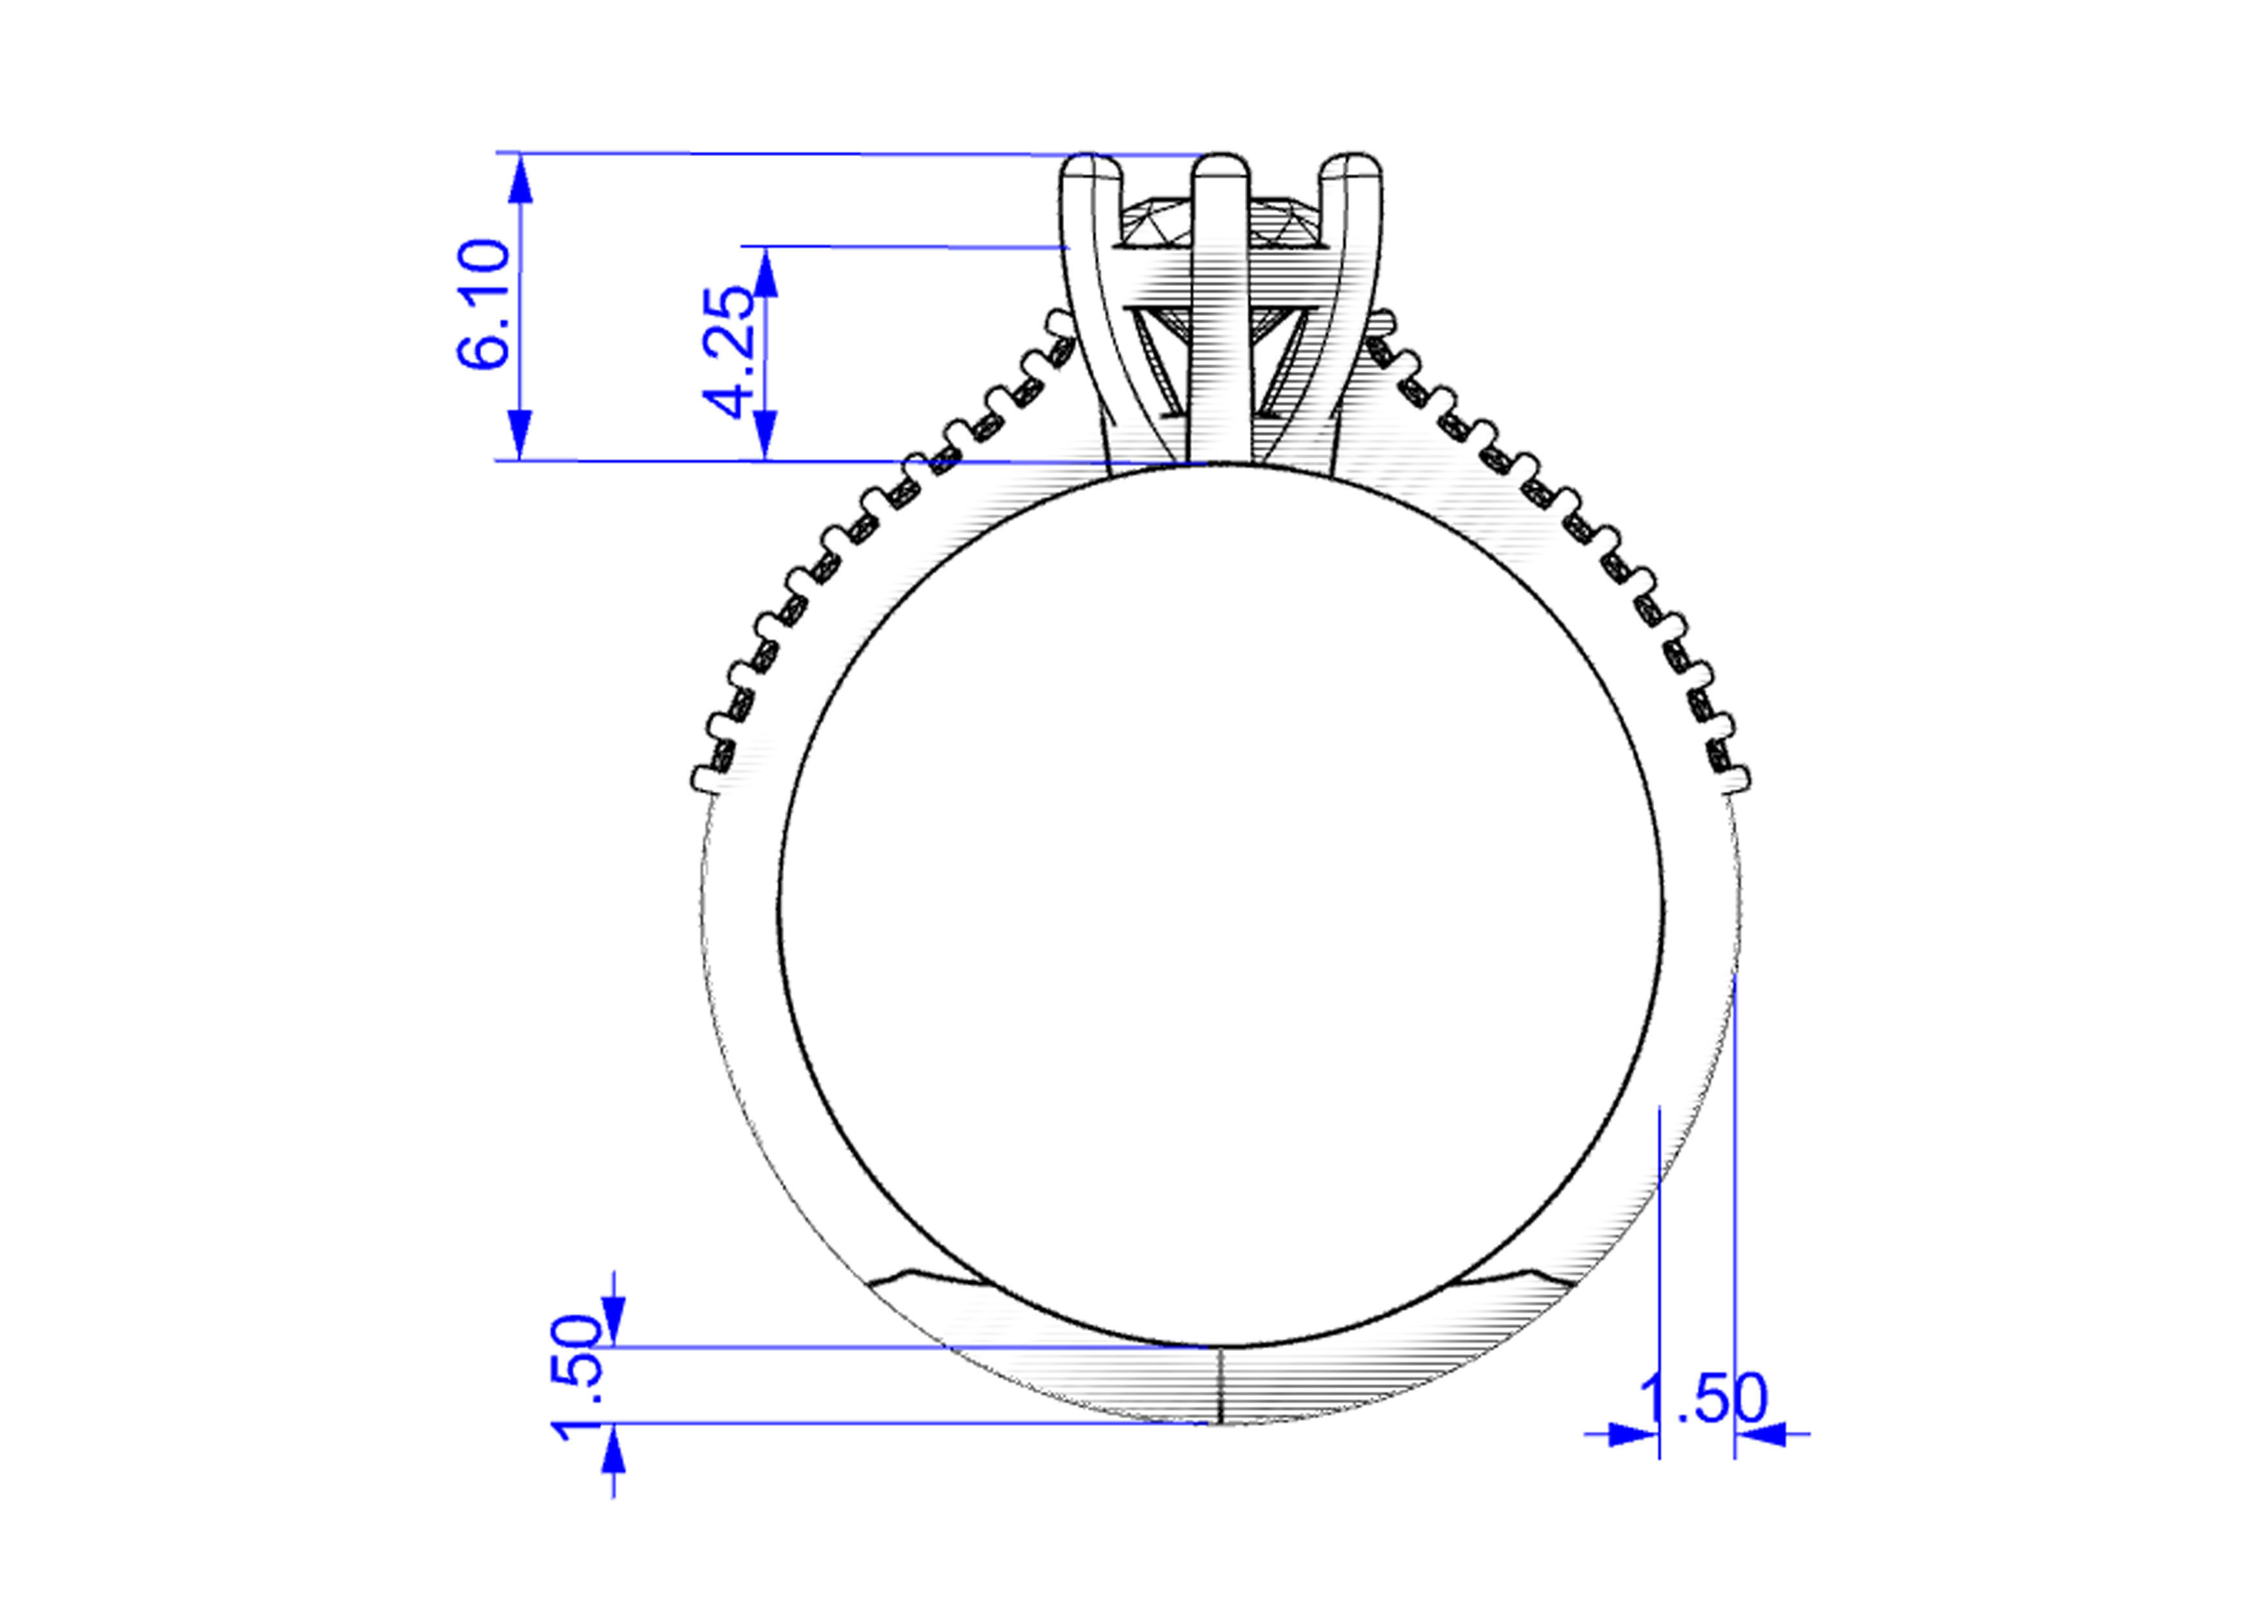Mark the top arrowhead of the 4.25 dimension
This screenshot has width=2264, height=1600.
(766, 273)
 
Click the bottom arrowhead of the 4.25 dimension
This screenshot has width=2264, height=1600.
(766, 435)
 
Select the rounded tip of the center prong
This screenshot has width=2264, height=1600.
(1221, 168)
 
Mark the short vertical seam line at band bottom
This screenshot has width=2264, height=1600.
(1221, 1385)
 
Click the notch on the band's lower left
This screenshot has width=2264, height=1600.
(909, 1274)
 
